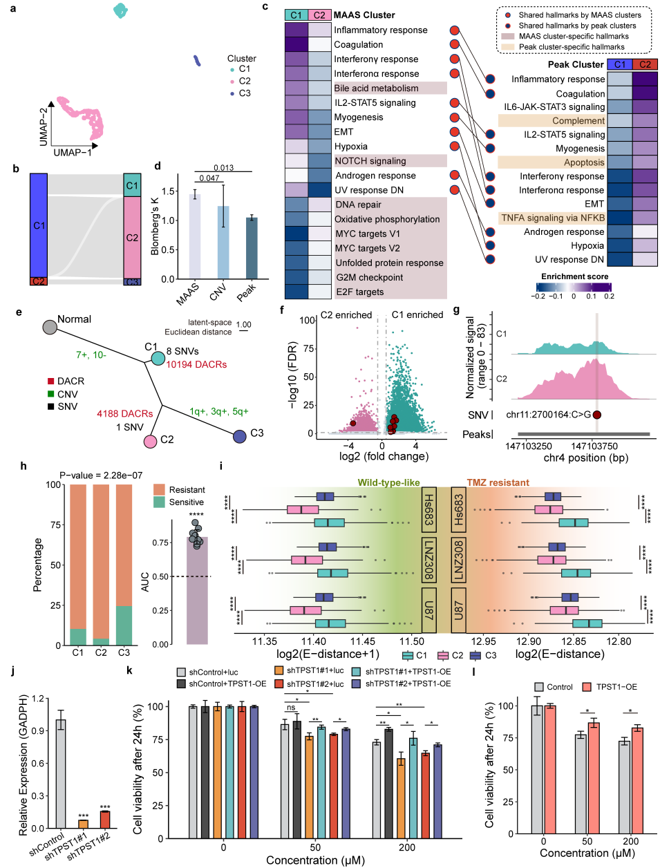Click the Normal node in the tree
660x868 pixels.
point(50,327)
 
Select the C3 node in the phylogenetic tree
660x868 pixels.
point(240,436)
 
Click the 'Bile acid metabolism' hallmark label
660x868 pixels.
point(376,88)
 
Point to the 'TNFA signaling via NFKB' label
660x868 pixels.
point(552,218)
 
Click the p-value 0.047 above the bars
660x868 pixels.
point(209,178)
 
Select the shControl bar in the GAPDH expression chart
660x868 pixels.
point(61,773)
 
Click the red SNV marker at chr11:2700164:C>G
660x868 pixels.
point(596,415)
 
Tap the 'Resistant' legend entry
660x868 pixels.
point(187,489)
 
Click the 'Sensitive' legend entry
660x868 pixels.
point(186,502)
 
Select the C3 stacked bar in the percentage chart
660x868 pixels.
point(124,565)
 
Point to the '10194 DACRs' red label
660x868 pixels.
point(196,364)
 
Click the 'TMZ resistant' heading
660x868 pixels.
point(498,482)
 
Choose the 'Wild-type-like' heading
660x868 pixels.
point(388,482)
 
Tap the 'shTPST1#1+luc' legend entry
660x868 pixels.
point(315,670)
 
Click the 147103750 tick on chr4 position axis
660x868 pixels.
point(594,446)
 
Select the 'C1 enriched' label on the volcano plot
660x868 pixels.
point(417,314)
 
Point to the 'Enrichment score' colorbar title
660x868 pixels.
point(574,276)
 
